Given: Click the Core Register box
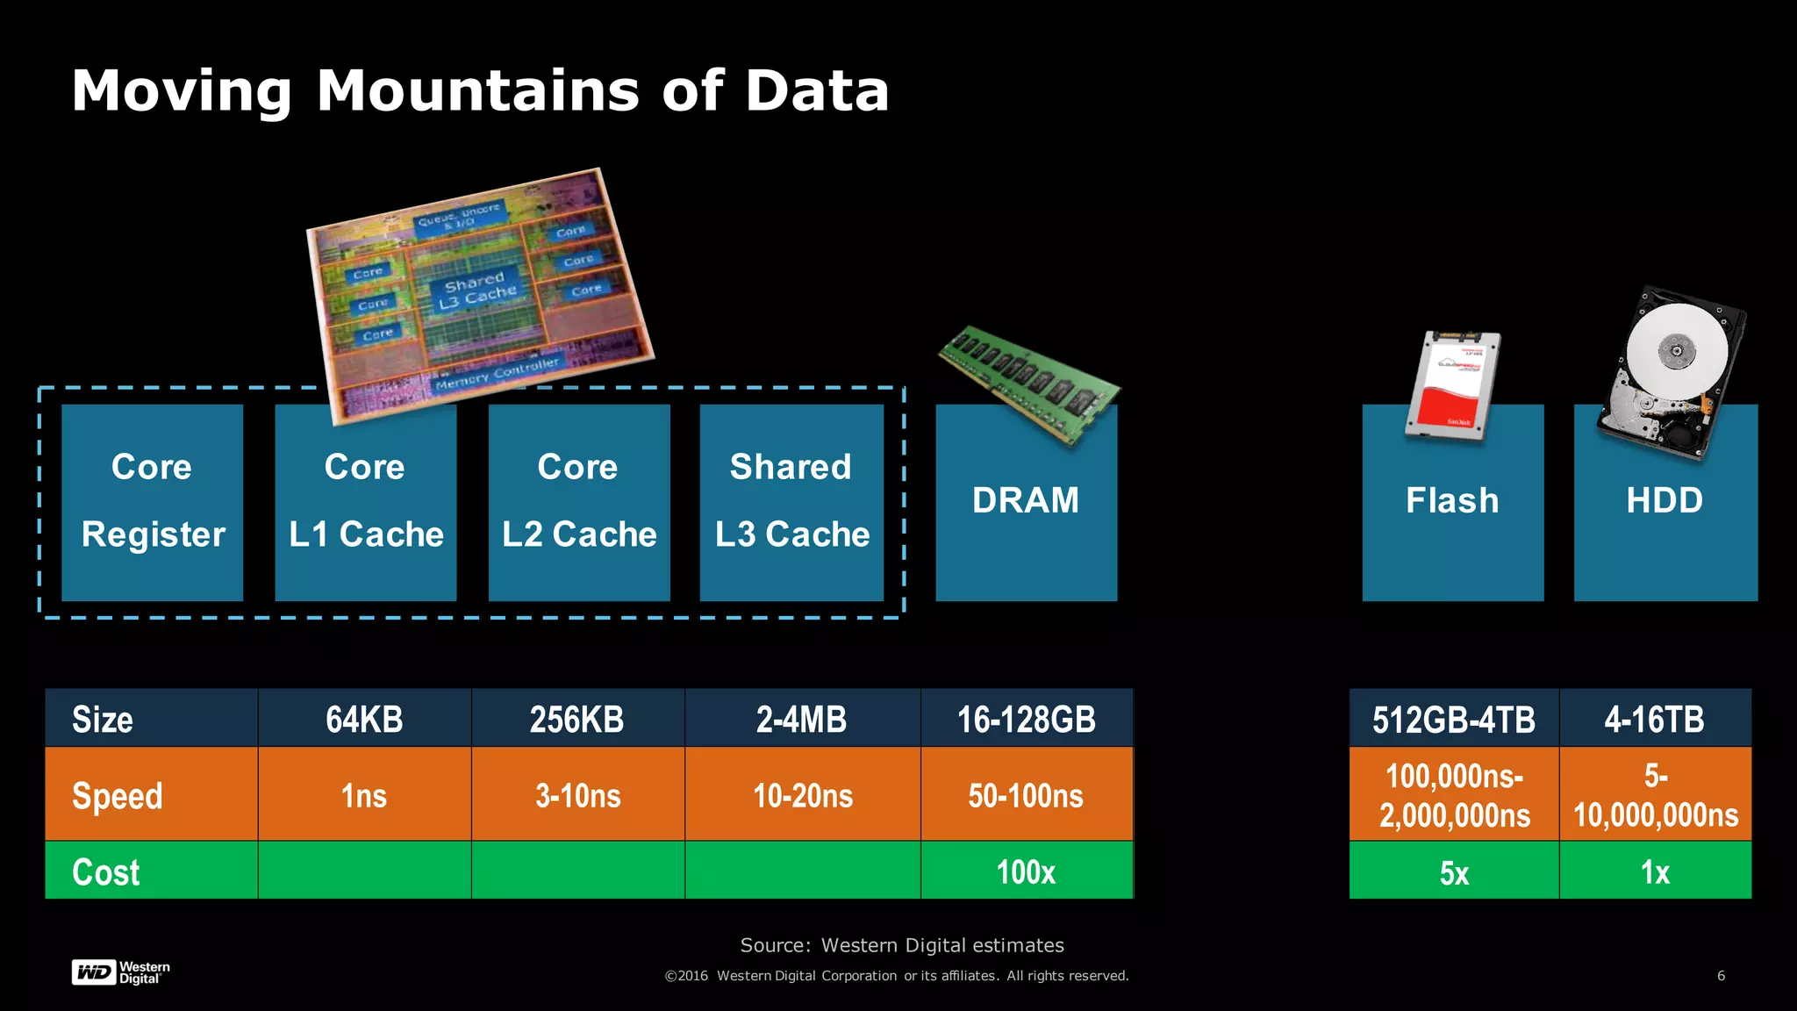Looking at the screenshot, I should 152,502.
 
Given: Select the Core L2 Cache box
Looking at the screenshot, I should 579,502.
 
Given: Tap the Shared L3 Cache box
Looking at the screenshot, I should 791,502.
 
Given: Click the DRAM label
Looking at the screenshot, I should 1026,500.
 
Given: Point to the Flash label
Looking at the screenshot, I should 1452,500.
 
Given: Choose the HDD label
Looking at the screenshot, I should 1665,500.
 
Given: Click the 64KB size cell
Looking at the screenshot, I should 364,720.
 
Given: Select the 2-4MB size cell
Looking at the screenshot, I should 802,720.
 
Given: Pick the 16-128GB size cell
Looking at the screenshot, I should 1026,720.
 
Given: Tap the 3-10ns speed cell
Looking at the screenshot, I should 578,796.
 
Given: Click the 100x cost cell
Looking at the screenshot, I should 1026,871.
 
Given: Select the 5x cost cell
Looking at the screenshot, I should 1454,872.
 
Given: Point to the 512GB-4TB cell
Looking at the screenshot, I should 1454,720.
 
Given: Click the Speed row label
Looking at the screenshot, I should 118,796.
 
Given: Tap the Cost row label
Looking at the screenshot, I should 106,871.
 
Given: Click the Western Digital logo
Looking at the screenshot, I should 120,972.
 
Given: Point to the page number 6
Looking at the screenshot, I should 1721,975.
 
